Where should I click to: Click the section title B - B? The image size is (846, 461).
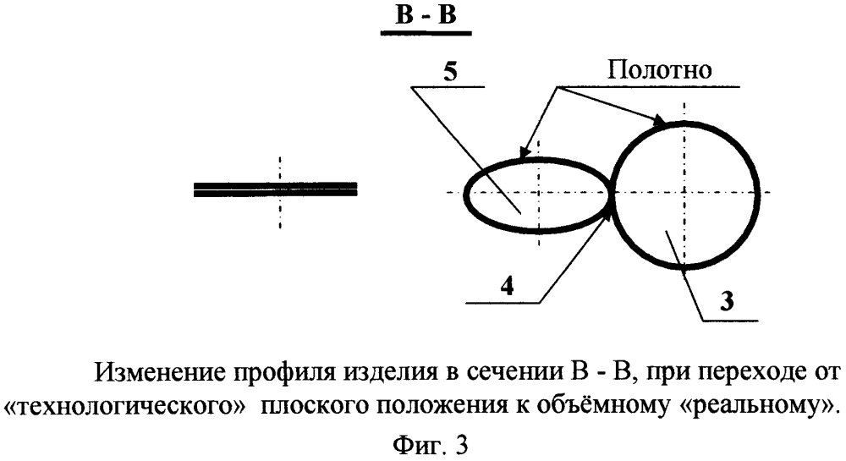tap(426, 15)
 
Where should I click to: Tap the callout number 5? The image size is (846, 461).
tap(451, 72)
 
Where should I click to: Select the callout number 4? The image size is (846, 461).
tap(507, 287)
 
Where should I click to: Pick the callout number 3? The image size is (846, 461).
tap(728, 300)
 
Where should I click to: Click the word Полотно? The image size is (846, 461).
tap(659, 69)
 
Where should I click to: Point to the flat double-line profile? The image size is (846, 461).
tap(275, 189)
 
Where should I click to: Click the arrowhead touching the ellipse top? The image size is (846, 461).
tap(523, 152)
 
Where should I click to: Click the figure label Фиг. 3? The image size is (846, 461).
tap(431, 446)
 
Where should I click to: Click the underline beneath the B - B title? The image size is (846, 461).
tap(426, 34)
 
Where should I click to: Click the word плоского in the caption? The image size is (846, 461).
tap(315, 405)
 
